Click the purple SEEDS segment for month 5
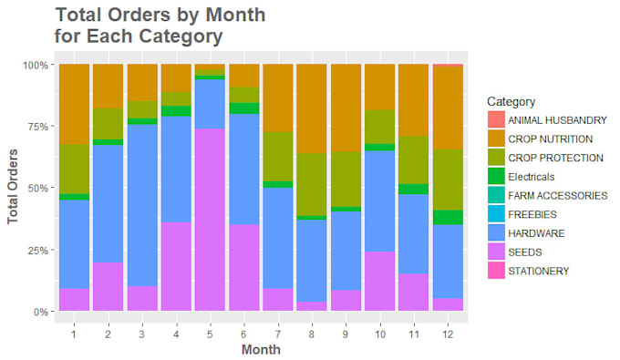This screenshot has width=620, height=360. point(210,220)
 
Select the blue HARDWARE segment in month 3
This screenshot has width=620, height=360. point(142,205)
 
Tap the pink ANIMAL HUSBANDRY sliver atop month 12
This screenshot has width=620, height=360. point(448,66)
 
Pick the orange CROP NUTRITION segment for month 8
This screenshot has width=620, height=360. point(312,108)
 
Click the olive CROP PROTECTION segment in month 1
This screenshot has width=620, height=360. point(75,170)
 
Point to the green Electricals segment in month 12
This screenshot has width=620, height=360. point(448,217)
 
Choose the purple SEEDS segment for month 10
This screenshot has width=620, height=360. point(379,281)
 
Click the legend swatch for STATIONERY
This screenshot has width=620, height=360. point(496,271)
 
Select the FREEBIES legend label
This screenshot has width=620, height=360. point(532,214)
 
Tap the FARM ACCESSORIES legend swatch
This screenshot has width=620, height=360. point(496,195)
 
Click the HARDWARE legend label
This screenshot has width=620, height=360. point(536,233)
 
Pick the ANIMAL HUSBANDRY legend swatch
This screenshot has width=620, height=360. point(496,119)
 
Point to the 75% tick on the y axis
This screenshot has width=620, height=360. point(52,127)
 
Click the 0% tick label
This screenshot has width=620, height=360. point(41,312)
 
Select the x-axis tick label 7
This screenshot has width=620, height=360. point(277,334)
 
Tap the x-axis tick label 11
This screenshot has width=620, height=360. point(414,334)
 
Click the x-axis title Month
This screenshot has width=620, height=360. point(261,349)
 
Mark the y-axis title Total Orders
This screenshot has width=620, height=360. point(13,187)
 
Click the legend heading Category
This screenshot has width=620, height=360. point(511,101)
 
